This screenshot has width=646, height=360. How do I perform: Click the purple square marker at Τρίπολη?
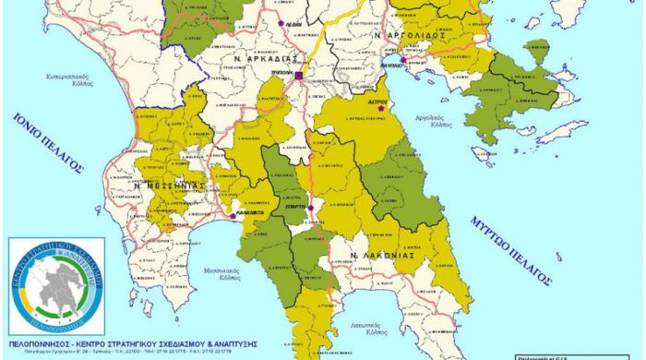299,75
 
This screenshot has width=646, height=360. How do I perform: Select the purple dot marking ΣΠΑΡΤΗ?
311,208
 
